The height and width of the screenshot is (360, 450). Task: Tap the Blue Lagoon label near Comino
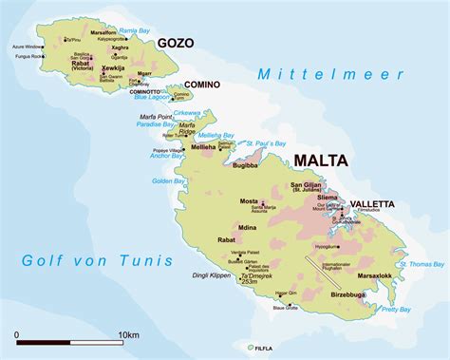point(153,97)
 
